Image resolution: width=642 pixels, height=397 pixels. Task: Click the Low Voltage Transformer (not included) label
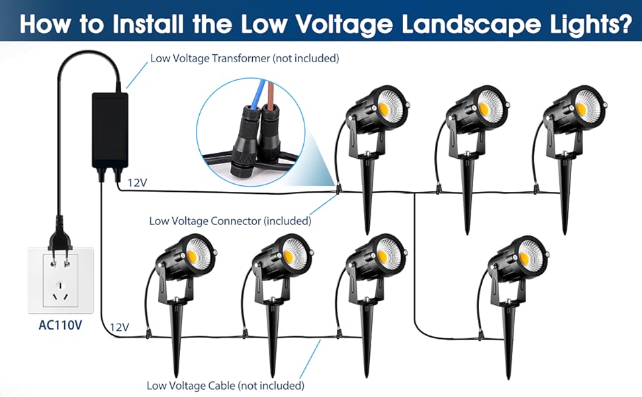coord(244,58)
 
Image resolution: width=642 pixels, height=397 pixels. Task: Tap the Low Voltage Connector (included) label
coord(230,221)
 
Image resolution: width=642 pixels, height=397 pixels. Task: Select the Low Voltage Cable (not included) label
coord(225,385)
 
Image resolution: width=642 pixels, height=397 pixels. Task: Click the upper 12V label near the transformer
coord(136,183)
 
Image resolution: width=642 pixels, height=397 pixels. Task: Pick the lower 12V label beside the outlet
coord(119,327)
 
